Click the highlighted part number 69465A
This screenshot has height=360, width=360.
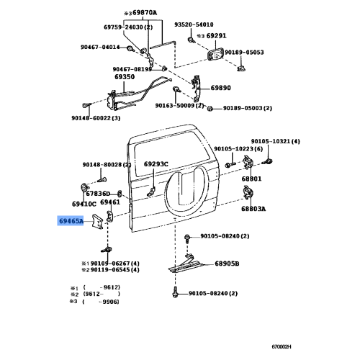[x=71, y=221]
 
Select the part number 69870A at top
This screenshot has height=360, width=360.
[x=145, y=12]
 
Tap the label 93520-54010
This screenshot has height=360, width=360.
[x=194, y=24]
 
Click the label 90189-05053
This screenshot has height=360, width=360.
[x=244, y=53]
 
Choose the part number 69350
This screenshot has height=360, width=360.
[x=125, y=77]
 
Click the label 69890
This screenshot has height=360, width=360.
[x=220, y=88]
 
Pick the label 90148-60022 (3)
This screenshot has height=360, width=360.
[x=96, y=118]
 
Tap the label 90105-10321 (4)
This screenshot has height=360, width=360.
[x=275, y=141]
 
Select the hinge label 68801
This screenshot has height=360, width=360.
[x=251, y=179]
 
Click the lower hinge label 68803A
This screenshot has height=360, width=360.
[x=253, y=209]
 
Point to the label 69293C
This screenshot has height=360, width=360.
[x=156, y=164]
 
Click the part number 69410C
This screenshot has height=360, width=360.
[x=84, y=204]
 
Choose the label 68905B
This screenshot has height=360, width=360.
[x=227, y=264]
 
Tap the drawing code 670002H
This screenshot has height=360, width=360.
[x=282, y=346]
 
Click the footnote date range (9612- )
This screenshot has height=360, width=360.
[x=102, y=294]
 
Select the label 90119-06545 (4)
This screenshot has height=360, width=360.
[x=115, y=270]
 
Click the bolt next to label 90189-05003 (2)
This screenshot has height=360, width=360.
[x=210, y=109]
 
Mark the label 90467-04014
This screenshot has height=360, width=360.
[x=100, y=47]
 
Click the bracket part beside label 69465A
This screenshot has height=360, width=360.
[x=97, y=221]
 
